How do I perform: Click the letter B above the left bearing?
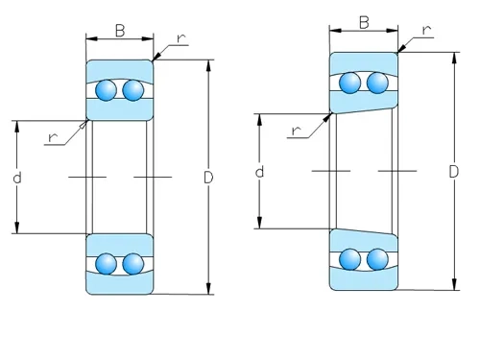[x=120, y=31]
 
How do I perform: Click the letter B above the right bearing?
[x=365, y=22]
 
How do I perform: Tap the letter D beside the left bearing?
[x=208, y=178]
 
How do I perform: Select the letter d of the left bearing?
[x=17, y=178]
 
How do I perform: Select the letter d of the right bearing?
[x=259, y=172]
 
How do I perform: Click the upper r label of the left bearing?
[x=180, y=39]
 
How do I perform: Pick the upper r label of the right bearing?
[x=425, y=31]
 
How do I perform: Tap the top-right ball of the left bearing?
[x=132, y=91]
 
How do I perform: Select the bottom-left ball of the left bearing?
[x=107, y=263]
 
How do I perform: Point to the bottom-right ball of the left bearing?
[x=132, y=263]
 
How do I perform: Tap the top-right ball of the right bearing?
[x=377, y=84]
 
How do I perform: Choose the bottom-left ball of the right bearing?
[x=351, y=258]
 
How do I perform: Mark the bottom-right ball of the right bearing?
[x=377, y=258]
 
